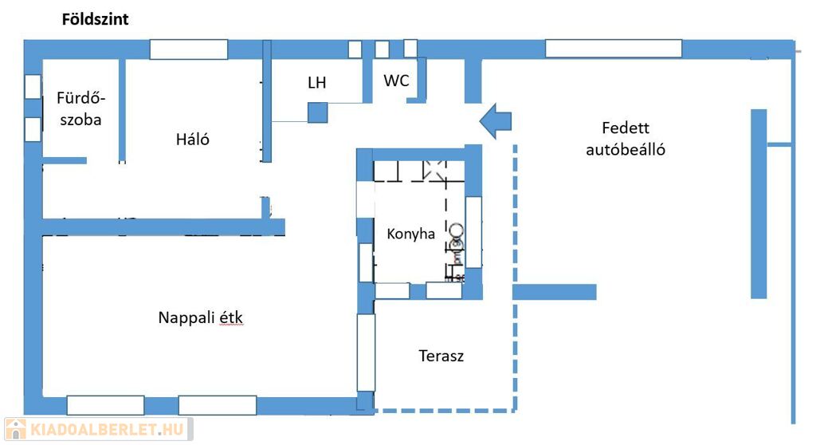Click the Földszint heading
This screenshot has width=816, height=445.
(x=96, y=20)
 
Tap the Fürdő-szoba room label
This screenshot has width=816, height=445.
(x=80, y=109)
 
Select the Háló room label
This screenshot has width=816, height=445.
(x=192, y=139)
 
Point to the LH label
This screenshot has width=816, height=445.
(x=317, y=83)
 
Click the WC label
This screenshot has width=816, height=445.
(x=396, y=81)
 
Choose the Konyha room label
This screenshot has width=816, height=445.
(x=410, y=234)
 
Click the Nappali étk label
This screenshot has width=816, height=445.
(x=200, y=317)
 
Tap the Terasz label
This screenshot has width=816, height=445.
(x=441, y=356)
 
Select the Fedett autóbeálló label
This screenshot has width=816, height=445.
(x=626, y=138)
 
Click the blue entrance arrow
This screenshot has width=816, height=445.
(x=496, y=120)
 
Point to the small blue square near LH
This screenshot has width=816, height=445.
(x=318, y=112)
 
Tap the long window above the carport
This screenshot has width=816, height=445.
(x=613, y=49)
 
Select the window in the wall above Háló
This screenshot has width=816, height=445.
(x=189, y=49)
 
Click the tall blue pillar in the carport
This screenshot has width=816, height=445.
(x=758, y=203)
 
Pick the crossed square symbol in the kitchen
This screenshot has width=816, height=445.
(x=435, y=169)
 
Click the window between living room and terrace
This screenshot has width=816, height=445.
(x=366, y=352)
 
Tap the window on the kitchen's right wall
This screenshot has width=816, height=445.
(x=473, y=230)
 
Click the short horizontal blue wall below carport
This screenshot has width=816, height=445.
(x=554, y=292)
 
